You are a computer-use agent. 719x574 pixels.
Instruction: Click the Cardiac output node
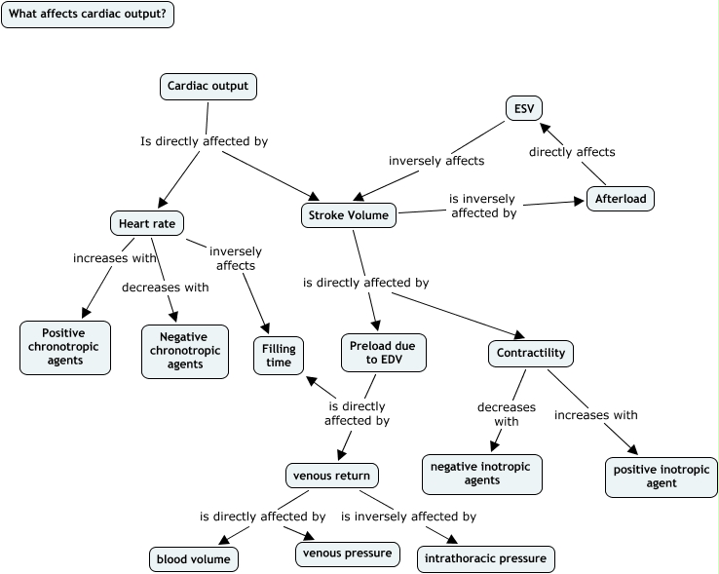(x=208, y=87)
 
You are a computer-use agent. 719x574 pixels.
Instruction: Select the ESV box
(x=524, y=108)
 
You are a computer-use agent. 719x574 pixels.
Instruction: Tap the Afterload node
(x=620, y=199)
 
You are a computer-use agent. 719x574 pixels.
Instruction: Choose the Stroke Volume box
(x=348, y=215)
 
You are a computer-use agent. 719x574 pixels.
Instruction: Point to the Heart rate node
(x=147, y=224)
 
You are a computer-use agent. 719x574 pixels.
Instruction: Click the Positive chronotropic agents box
(x=63, y=347)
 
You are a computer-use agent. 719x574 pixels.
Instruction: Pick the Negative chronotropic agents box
(x=184, y=351)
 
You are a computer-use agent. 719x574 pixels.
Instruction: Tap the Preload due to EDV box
(x=385, y=352)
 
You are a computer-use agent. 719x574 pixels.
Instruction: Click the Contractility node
(x=530, y=353)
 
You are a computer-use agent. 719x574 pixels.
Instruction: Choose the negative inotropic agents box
(x=481, y=474)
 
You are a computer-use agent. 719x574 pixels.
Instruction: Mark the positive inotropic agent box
(x=661, y=476)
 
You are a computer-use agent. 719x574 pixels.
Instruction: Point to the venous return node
(x=331, y=476)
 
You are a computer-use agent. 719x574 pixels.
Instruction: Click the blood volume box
(x=193, y=559)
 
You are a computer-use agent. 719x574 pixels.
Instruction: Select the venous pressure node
(x=347, y=554)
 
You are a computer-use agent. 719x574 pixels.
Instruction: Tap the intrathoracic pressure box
(x=486, y=559)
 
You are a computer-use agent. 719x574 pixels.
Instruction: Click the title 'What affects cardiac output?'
(x=87, y=14)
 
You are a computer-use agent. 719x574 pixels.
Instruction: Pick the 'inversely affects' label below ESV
(x=436, y=161)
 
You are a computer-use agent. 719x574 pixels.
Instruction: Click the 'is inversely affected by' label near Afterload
(x=482, y=206)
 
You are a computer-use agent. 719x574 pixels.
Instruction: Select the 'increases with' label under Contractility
(x=596, y=415)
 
